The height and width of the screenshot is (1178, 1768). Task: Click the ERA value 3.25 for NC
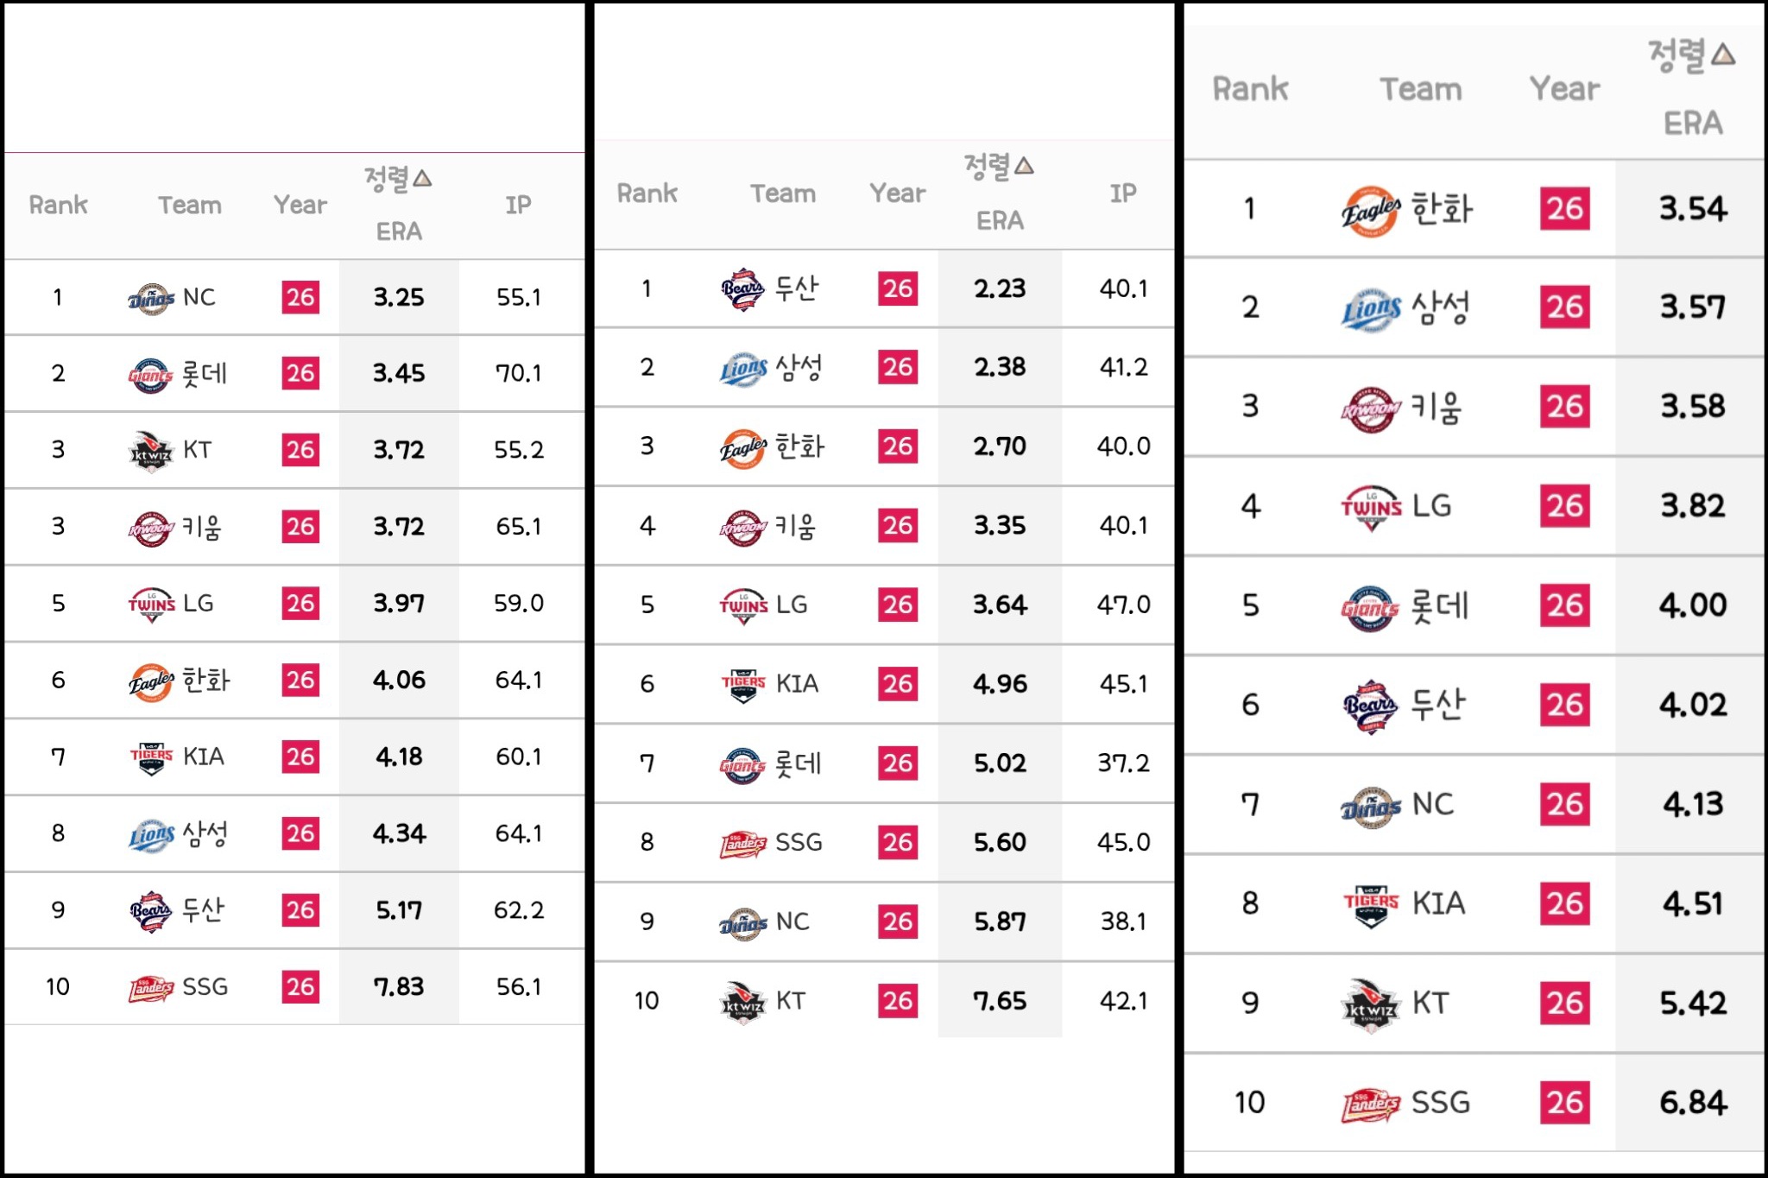pos(399,297)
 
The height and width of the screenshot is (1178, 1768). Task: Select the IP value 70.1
pos(518,373)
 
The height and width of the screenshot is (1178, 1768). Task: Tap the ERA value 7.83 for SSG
pos(399,986)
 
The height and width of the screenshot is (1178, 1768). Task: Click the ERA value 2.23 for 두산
pos(1000,288)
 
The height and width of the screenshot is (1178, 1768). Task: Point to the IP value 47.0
pos(1123,605)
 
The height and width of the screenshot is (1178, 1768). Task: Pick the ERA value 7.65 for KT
pos(1000,1001)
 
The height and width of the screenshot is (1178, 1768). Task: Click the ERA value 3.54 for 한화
pos(1693,208)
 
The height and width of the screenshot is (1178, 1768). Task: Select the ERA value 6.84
pos(1693,1102)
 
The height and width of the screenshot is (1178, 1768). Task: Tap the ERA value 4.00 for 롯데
pos(1693,605)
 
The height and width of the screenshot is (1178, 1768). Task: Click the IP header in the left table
pos(518,205)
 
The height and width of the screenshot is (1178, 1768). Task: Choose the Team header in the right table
pos(1421,89)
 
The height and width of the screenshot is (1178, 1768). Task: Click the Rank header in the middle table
pos(647,193)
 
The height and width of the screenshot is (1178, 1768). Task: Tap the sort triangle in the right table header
pos(1723,54)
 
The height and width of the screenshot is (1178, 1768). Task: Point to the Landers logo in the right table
pos(1370,1104)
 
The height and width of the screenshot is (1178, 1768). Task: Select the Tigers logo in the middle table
pos(743,685)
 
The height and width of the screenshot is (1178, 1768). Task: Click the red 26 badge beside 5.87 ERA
pos(898,921)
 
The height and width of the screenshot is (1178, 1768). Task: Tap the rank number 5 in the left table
pos(58,603)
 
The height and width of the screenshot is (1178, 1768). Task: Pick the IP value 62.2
pos(519,909)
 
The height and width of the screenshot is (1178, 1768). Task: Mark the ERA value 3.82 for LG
pos(1693,505)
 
